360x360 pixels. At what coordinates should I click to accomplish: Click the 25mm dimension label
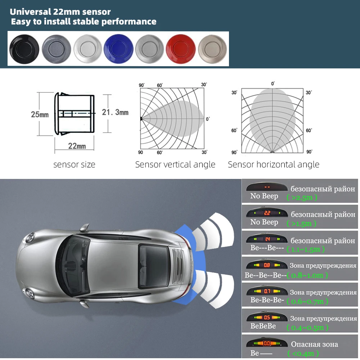pyautogui.click(x=40, y=115)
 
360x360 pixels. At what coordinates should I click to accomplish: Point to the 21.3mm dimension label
pyautogui.click(x=115, y=112)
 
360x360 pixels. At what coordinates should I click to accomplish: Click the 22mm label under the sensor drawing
pyautogui.click(x=77, y=146)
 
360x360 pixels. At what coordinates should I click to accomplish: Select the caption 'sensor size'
pyautogui.click(x=75, y=165)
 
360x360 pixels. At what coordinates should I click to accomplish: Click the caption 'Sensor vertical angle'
pyautogui.click(x=175, y=165)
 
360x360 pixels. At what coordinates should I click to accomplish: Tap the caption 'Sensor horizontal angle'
pyautogui.click(x=274, y=165)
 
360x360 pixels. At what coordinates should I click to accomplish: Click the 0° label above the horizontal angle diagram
pyautogui.click(x=273, y=84)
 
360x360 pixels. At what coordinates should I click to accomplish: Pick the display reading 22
pyautogui.click(x=267, y=213)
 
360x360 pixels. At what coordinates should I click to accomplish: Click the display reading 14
pyautogui.click(x=267, y=239)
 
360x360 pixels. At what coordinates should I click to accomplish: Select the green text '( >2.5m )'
pyautogui.click(x=302, y=197)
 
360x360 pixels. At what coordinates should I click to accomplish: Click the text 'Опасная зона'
pyautogui.click(x=314, y=344)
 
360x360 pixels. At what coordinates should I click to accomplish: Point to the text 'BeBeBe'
pyautogui.click(x=263, y=326)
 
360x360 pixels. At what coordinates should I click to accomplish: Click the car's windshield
pyautogui.click(x=74, y=265)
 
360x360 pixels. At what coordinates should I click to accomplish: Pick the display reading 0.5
pyautogui.click(x=267, y=318)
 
